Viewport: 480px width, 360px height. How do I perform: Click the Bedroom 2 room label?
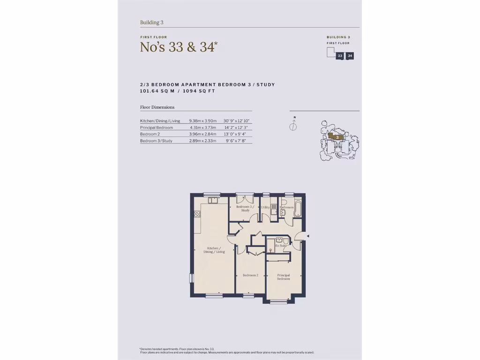pyautogui.click(x=250, y=275)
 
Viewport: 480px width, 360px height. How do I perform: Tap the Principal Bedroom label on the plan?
pyautogui.click(x=283, y=277)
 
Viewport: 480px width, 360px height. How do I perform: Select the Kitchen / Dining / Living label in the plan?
pyautogui.click(x=214, y=250)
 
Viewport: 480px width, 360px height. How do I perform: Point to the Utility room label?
pyautogui.click(x=265, y=207)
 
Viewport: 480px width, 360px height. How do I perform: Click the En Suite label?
pyautogui.click(x=281, y=246)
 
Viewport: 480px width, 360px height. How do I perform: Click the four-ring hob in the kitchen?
pyautogui.click(x=197, y=214)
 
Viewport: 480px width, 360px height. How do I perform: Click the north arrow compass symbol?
pyautogui.click(x=294, y=125)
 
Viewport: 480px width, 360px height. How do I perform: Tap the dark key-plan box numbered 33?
pyautogui.click(x=340, y=56)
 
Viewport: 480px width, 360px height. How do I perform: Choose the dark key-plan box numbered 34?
pyautogui.click(x=350, y=56)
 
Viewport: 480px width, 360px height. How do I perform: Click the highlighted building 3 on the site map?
pyautogui.click(x=337, y=137)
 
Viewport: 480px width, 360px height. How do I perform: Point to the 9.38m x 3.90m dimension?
pyautogui.click(x=202, y=121)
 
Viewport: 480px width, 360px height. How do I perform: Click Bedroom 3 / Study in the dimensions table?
pyautogui.click(x=156, y=141)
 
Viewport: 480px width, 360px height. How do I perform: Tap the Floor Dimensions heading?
pyautogui.click(x=157, y=107)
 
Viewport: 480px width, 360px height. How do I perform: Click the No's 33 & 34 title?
pyautogui.click(x=179, y=47)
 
